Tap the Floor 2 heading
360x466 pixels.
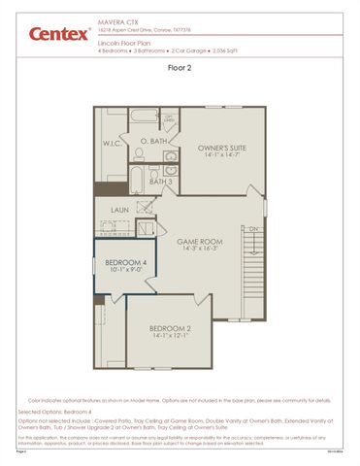click(180, 68)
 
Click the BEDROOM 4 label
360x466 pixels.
click(126, 263)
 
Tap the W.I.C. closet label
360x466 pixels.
click(113, 144)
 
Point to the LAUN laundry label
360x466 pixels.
click(119, 209)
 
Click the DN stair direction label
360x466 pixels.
click(254, 229)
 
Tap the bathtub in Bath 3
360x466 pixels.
click(137, 181)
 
